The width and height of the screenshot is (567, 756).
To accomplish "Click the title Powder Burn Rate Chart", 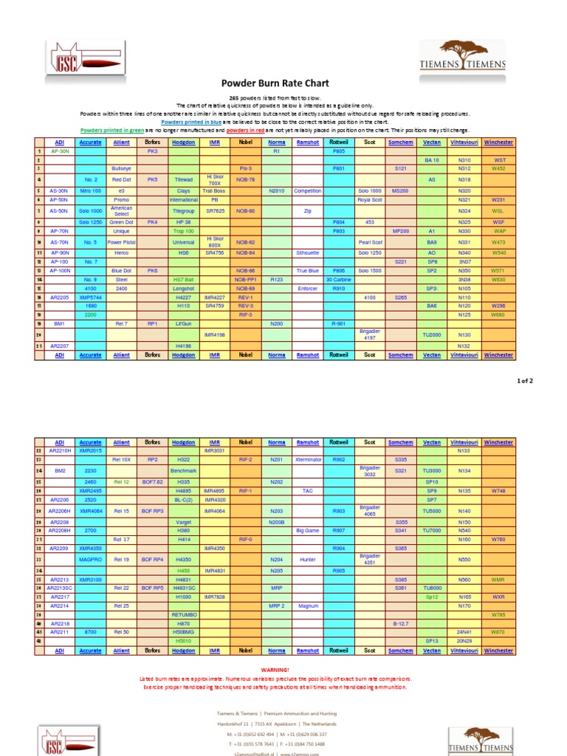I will (275, 83).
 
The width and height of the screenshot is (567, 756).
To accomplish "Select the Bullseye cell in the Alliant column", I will (121, 168).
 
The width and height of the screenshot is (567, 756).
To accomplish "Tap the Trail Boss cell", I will (215, 190).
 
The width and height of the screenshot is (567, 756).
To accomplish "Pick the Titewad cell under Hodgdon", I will (183, 179).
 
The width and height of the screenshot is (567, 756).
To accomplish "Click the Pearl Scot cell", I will (370, 242).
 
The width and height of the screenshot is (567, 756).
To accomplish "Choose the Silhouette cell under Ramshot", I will (307, 252).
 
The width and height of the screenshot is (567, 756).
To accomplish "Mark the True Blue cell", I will (307, 270).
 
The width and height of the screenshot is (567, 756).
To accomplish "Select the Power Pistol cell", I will (121, 242).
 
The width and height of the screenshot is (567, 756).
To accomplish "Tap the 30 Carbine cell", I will (338, 279).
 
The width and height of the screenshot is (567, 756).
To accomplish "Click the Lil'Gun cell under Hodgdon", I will (183, 323).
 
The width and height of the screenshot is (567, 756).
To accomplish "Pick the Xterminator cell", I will (307, 459).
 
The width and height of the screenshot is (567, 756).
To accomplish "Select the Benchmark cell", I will (183, 470).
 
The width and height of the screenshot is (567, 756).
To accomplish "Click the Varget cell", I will (183, 521).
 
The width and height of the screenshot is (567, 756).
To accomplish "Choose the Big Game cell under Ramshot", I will (307, 530).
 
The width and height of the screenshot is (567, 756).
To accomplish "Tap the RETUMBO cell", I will (183, 614).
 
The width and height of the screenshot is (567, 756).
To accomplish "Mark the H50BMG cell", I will (183, 632).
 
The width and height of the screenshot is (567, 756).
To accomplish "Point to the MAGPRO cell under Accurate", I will (90, 560).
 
